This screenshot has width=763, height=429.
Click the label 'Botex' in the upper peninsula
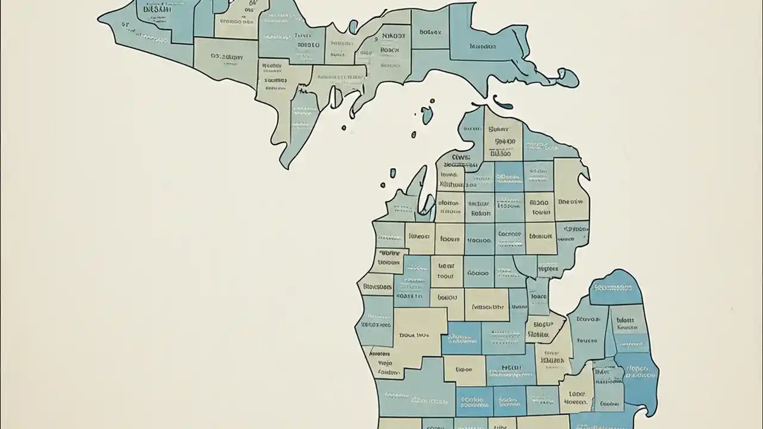(x=430, y=32)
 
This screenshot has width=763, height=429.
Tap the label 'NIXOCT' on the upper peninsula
(x=393, y=36)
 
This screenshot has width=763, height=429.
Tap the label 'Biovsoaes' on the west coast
(x=378, y=287)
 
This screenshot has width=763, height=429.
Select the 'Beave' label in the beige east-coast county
(x=571, y=201)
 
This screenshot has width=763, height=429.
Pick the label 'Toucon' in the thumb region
(x=587, y=341)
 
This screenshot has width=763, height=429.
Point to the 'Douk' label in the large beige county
(x=414, y=335)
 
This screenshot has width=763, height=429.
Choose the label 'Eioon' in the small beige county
(x=464, y=369)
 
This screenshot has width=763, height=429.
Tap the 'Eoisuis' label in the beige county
(x=541, y=236)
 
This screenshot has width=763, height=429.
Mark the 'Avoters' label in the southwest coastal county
(x=380, y=353)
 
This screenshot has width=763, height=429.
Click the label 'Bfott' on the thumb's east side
(x=625, y=320)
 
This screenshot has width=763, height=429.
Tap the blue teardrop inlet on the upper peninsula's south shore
(x=336, y=98)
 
